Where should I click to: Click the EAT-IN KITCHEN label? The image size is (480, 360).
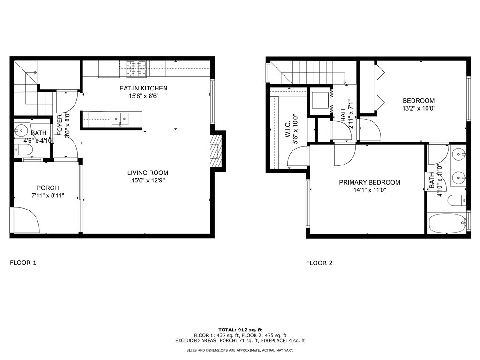[143, 88]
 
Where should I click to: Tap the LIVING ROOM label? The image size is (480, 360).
[148, 172]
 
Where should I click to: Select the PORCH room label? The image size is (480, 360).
[48, 188]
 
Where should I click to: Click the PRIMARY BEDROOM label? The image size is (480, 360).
[369, 182]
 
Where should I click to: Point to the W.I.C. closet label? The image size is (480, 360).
[288, 131]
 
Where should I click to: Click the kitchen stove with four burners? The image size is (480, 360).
[136, 69]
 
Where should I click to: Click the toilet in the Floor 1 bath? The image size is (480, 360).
[23, 150]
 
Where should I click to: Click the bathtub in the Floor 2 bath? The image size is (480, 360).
[447, 224]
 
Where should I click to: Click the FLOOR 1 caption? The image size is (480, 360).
[23, 262]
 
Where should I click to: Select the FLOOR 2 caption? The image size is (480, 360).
[319, 263]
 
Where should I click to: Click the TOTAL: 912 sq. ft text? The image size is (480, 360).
[240, 330]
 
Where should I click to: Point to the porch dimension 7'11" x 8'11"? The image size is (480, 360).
[48, 195]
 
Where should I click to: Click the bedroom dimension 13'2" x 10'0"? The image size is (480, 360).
[419, 108]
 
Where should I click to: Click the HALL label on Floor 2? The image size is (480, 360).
[343, 113]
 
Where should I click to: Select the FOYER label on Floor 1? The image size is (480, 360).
[60, 125]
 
